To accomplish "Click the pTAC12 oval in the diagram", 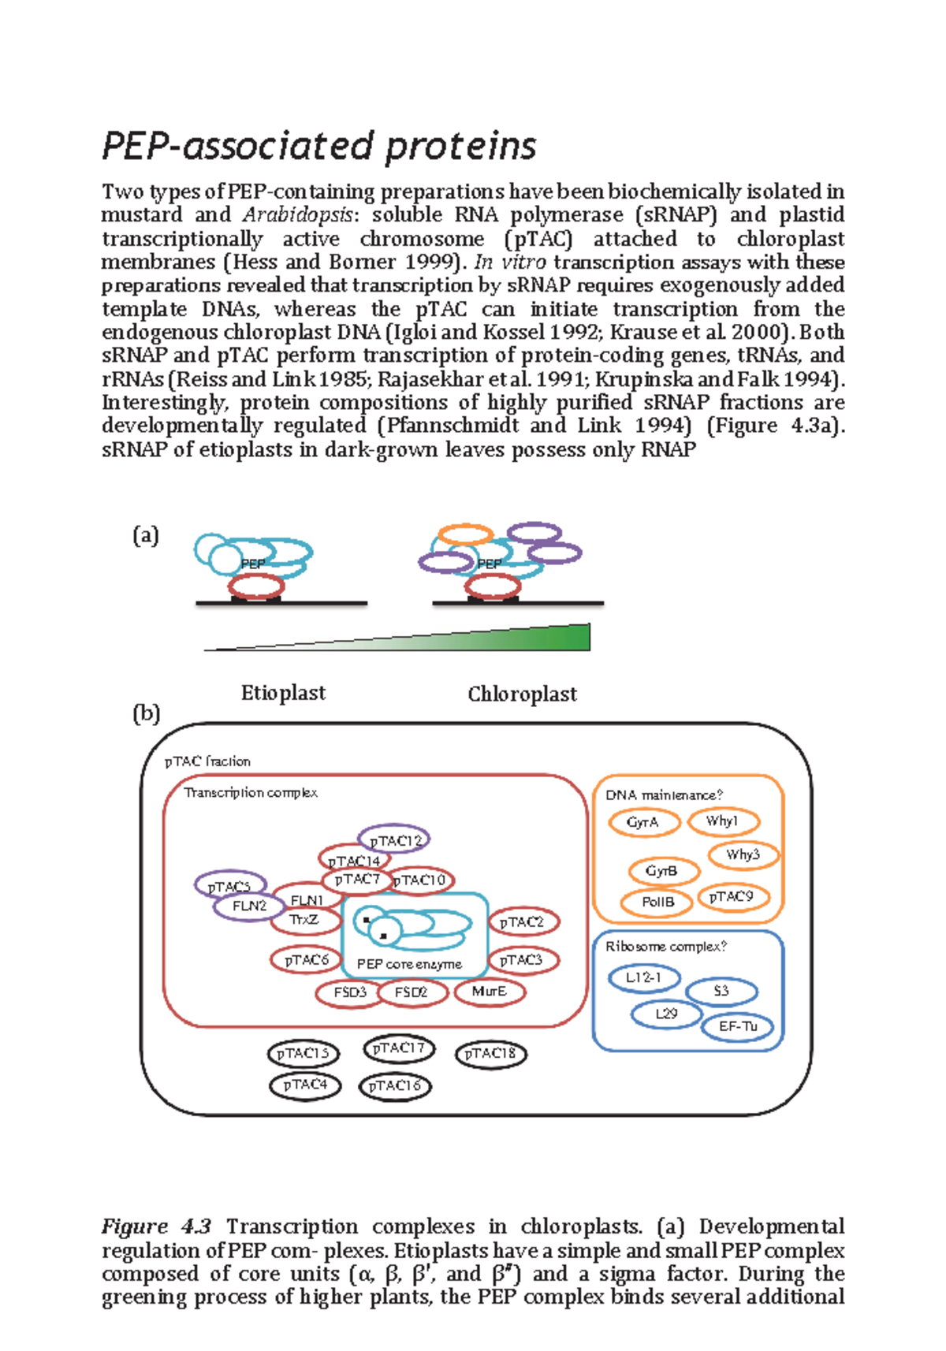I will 394,840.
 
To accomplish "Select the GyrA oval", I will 643,823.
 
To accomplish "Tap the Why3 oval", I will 743,855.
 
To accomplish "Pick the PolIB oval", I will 657,903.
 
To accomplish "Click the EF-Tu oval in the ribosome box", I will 738,1026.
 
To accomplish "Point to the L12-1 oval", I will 644,978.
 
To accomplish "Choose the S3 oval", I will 721,992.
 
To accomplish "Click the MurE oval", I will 489,992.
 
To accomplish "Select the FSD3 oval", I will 350,992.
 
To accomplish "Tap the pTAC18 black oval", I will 490,1054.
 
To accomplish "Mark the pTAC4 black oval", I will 305,1085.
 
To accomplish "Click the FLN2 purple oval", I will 249,906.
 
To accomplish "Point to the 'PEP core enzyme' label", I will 409,964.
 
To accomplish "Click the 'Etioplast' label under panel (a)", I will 283,693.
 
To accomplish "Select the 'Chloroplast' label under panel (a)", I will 522,694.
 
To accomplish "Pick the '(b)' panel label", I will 146,713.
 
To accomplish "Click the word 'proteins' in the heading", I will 461,147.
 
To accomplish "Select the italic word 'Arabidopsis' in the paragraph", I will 297,215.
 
